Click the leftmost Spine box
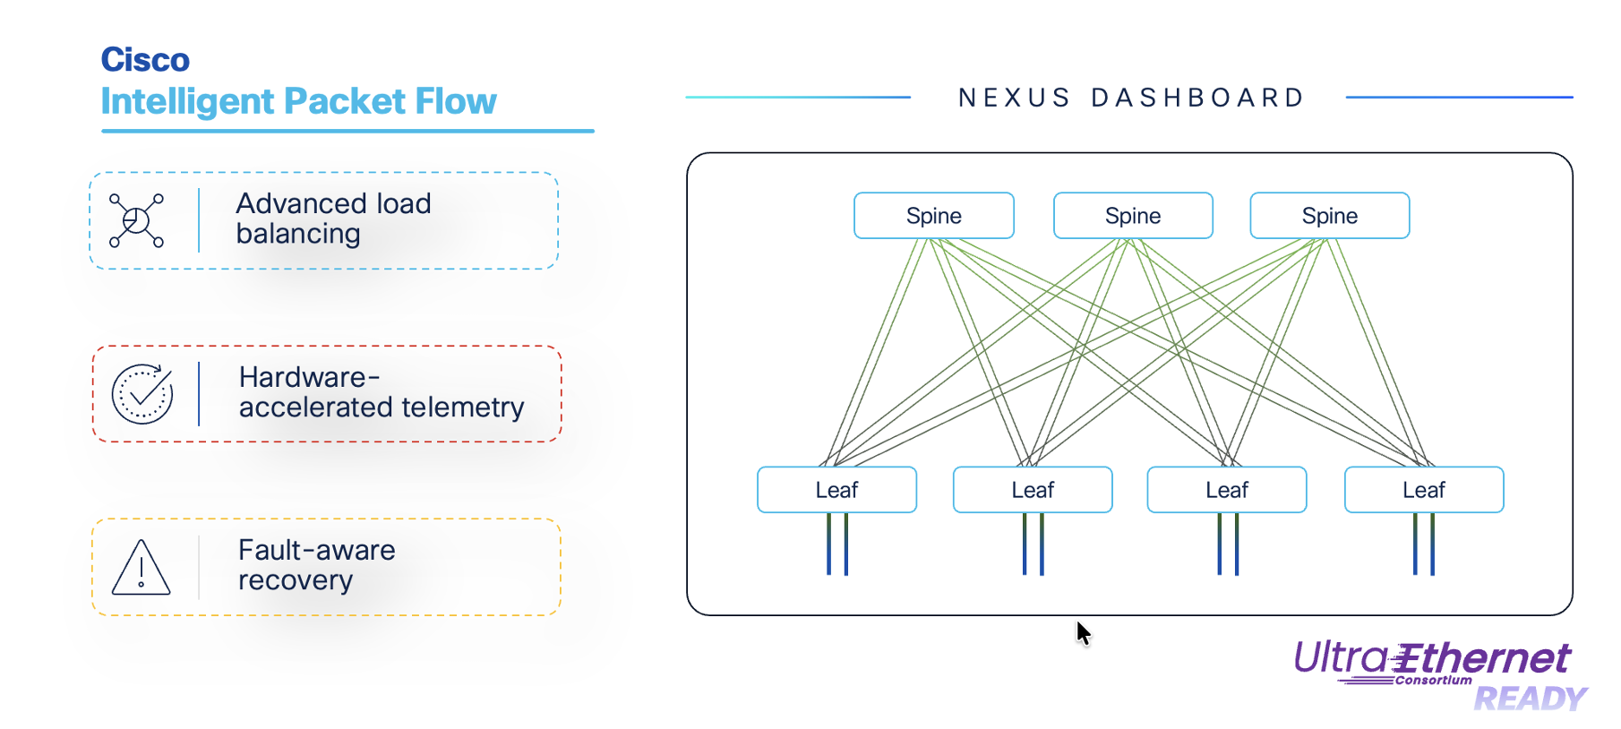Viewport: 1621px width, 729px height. (933, 216)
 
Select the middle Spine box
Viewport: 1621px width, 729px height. (1132, 216)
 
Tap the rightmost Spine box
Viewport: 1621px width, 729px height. (1329, 216)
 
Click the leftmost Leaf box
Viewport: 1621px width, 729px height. (836, 490)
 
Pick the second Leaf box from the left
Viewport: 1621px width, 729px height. (1032, 490)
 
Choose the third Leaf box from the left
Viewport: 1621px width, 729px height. (1226, 490)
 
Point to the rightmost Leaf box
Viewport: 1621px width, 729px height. (1423, 490)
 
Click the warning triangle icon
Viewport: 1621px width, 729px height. (141, 568)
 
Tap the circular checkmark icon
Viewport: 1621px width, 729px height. (142, 394)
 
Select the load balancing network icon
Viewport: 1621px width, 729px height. (136, 219)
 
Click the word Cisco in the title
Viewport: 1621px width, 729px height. (145, 60)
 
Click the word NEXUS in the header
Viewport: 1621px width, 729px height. (1014, 98)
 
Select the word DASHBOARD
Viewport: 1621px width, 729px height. (1197, 98)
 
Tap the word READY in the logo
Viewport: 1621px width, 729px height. (1530, 699)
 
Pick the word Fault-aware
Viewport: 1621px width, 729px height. (316, 550)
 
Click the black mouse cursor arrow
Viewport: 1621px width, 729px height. (1083, 632)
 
